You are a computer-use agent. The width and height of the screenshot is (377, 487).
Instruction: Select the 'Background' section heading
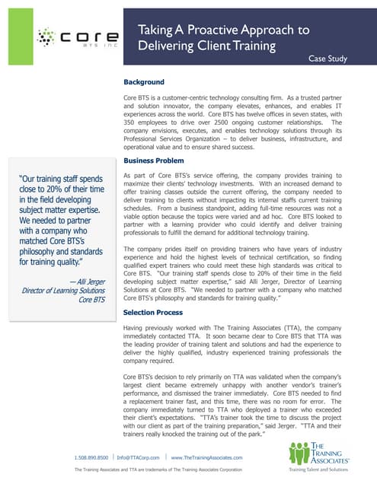[x=149, y=81]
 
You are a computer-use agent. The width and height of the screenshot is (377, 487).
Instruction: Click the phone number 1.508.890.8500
[x=91, y=457]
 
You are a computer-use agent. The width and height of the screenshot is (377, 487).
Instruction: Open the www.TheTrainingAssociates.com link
[x=206, y=457]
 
